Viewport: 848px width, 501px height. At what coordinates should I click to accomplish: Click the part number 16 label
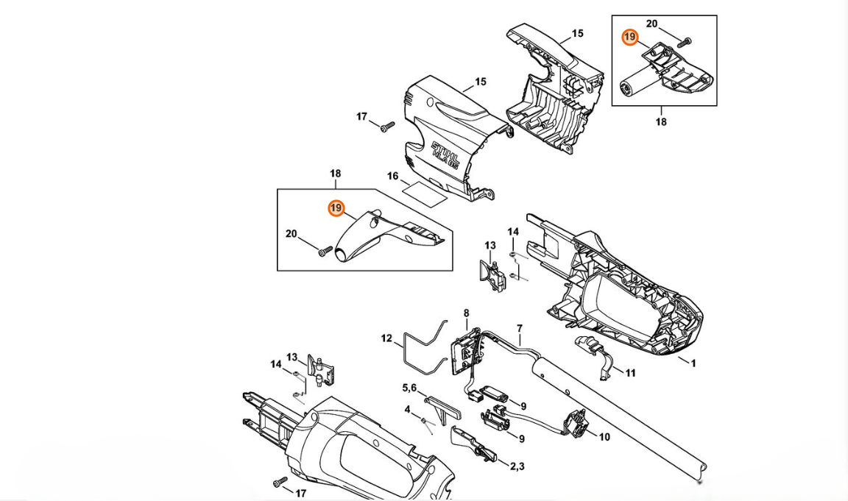click(392, 176)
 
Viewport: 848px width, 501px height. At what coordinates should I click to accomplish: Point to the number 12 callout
click(386, 338)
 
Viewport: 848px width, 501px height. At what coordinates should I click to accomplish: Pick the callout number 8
click(466, 313)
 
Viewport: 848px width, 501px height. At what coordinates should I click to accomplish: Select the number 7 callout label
click(520, 329)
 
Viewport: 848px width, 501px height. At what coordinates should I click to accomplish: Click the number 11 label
click(630, 373)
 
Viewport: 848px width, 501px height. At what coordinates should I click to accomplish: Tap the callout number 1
click(693, 363)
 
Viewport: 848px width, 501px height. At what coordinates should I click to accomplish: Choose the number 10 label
click(604, 437)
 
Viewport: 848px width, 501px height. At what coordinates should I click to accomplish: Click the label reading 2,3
click(517, 466)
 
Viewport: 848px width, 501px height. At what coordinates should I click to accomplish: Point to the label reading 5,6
click(409, 388)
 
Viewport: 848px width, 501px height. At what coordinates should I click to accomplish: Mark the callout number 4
click(407, 410)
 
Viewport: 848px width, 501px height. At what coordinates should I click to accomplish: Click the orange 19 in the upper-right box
click(629, 38)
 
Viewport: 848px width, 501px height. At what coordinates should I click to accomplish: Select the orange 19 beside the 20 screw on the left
click(336, 208)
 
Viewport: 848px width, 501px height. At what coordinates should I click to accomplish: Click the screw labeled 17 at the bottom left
click(280, 481)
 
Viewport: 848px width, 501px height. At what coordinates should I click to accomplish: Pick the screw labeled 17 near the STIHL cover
click(386, 127)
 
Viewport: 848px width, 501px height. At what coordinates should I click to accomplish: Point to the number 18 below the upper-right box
click(661, 122)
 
